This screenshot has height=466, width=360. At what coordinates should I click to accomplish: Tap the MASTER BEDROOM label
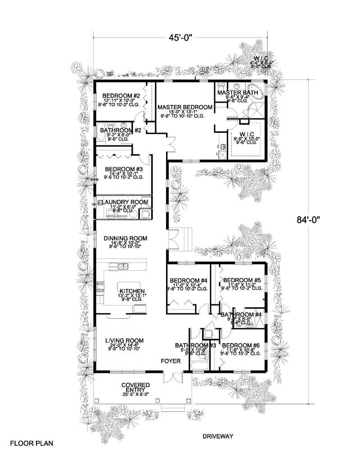[x=185, y=107]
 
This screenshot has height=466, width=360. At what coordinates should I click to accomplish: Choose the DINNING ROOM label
[x=125, y=238]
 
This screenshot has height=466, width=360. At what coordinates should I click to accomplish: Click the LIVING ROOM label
[x=124, y=340]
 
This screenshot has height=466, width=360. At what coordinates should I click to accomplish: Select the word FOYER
[x=171, y=362]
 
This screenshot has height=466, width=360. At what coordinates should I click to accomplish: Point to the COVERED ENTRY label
[x=135, y=388]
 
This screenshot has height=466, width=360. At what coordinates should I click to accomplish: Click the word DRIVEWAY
[x=217, y=436]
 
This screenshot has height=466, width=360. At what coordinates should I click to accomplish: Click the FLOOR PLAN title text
[x=31, y=443]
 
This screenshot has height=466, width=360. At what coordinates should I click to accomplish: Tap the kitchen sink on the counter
[x=123, y=267]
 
